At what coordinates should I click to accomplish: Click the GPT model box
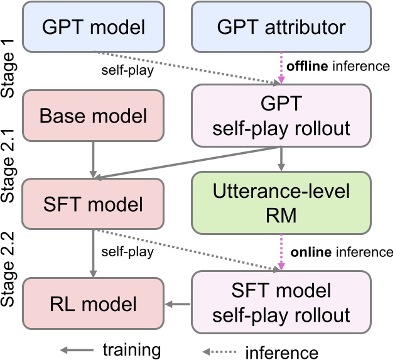tap(93, 26)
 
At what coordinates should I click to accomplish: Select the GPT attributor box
tap(280, 26)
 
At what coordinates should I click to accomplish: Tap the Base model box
tap(93, 116)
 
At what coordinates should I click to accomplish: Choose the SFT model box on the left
tap(93, 204)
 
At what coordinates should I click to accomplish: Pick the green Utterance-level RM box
tap(280, 204)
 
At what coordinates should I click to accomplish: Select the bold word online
tap(310, 252)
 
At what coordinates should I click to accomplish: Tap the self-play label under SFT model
tap(129, 253)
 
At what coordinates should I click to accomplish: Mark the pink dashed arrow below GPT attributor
tap(280, 68)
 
